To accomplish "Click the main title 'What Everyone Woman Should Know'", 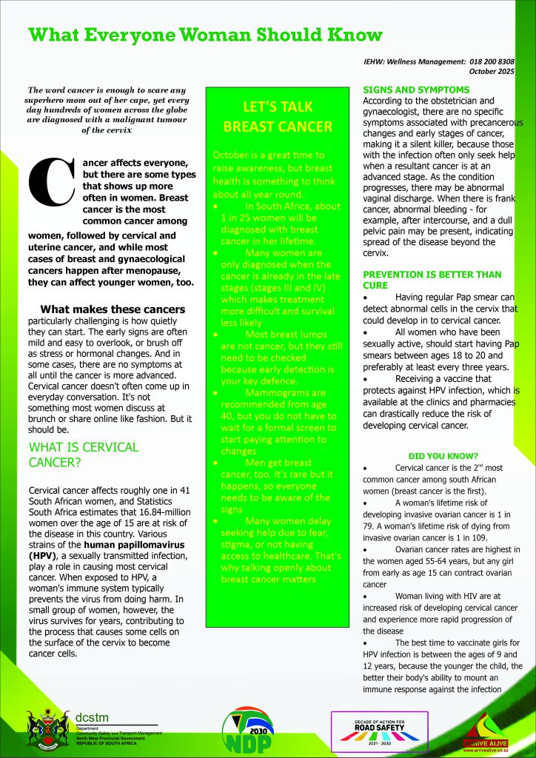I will pyautogui.click(x=205, y=35).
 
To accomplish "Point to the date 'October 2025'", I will pyautogui.click(x=492, y=72).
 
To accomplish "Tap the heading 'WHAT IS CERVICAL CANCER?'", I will pyautogui.click(x=83, y=455).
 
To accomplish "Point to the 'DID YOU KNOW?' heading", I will pyautogui.click(x=443, y=455).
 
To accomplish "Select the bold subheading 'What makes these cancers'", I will pyautogui.click(x=113, y=309).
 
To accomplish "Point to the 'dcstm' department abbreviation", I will pyautogui.click(x=94, y=717).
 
